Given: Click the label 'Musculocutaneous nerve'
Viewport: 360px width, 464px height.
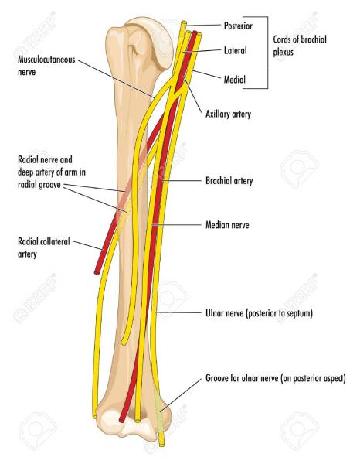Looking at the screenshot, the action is click(x=46, y=66).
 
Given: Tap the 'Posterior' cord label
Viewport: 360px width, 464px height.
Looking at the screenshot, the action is click(x=238, y=26).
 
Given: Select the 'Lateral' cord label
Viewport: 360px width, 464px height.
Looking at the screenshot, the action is click(x=236, y=50).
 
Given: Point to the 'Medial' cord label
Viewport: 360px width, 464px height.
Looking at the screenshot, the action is click(x=235, y=80).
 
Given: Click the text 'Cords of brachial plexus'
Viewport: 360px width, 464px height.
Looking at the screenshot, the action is click(x=300, y=46).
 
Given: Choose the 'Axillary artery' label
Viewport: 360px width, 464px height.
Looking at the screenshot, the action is click(x=228, y=114).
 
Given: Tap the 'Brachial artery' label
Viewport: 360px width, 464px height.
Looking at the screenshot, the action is click(x=229, y=180).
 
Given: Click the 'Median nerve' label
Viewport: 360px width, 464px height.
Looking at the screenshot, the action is click(x=227, y=225).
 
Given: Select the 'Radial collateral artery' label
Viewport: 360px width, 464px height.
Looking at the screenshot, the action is click(x=44, y=247).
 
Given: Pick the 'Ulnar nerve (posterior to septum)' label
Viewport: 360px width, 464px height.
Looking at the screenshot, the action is click(x=259, y=313).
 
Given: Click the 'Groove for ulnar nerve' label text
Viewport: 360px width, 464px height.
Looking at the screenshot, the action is click(x=276, y=378).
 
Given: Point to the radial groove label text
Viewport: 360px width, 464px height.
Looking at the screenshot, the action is click(x=52, y=172).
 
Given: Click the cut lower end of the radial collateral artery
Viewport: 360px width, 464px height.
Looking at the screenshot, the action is click(x=97, y=272).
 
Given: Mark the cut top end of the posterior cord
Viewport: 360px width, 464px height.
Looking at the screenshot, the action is click(x=184, y=22).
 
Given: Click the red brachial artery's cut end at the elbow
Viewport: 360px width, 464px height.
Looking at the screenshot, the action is click(x=121, y=420).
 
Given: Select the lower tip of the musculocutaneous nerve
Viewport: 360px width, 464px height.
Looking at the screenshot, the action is click(x=123, y=343).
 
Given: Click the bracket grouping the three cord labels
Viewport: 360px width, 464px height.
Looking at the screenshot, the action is click(x=267, y=53).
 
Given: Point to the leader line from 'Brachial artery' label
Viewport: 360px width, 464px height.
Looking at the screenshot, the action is click(x=182, y=180).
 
